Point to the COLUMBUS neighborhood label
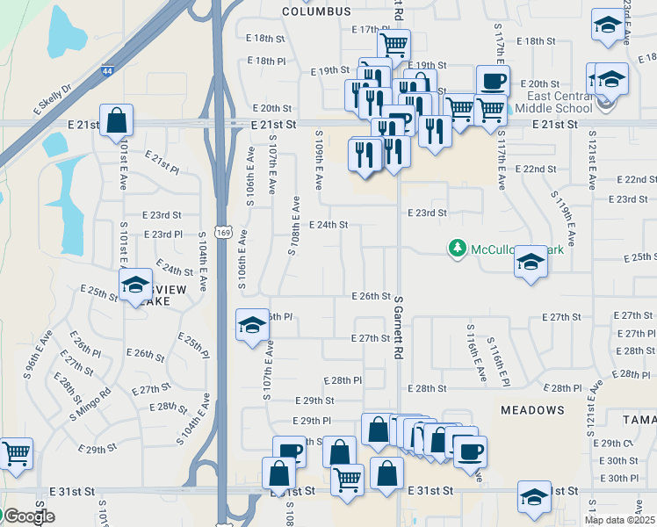coord(316,11)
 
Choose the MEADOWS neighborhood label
coord(532,410)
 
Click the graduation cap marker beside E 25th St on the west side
coord(135,285)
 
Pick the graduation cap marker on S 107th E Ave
coord(252,326)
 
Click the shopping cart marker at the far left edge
coord(16,453)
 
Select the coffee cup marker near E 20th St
coord(493,82)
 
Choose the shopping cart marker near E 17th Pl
coord(393,43)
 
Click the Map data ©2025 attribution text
coord(619,520)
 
